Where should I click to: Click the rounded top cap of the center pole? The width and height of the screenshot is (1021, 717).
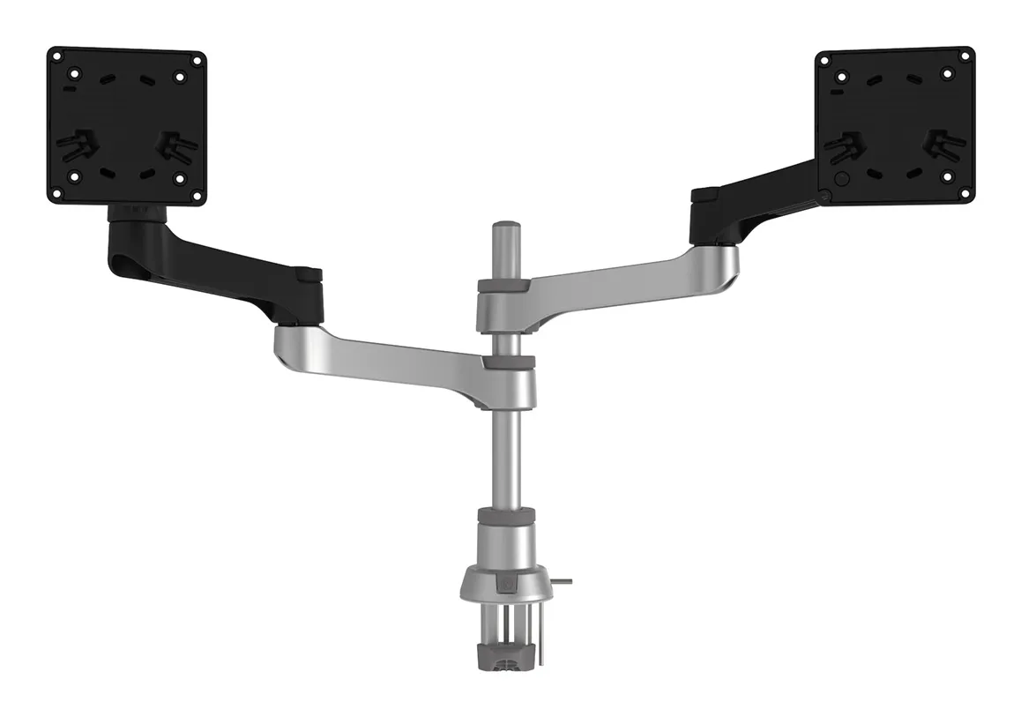point(503,227)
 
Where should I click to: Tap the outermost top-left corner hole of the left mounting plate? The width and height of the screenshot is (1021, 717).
point(57,57)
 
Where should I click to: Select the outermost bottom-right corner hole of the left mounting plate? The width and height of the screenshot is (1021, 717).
point(195,194)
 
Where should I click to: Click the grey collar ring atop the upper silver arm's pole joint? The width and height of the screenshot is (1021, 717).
point(503,285)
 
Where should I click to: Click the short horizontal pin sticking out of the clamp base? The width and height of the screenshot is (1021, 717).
point(564,581)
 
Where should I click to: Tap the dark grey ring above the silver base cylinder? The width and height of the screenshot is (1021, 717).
point(506,515)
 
